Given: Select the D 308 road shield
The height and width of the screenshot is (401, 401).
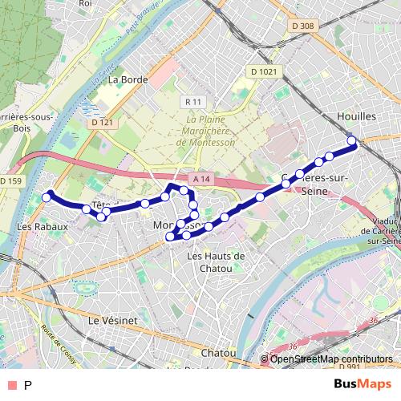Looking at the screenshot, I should (x=302, y=26).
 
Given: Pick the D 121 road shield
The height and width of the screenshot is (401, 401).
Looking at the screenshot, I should (x=102, y=123).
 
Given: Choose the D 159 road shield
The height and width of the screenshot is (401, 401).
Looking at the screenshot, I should (x=10, y=181).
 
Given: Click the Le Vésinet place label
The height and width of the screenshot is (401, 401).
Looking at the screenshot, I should (x=113, y=319).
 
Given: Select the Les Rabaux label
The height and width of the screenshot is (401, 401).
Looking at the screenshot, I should (x=41, y=227).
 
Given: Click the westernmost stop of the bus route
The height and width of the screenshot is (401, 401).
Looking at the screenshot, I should (x=47, y=196).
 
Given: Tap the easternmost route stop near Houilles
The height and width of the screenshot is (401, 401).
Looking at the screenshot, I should (x=351, y=142).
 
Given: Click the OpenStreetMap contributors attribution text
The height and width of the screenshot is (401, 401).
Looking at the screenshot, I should (x=331, y=359).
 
